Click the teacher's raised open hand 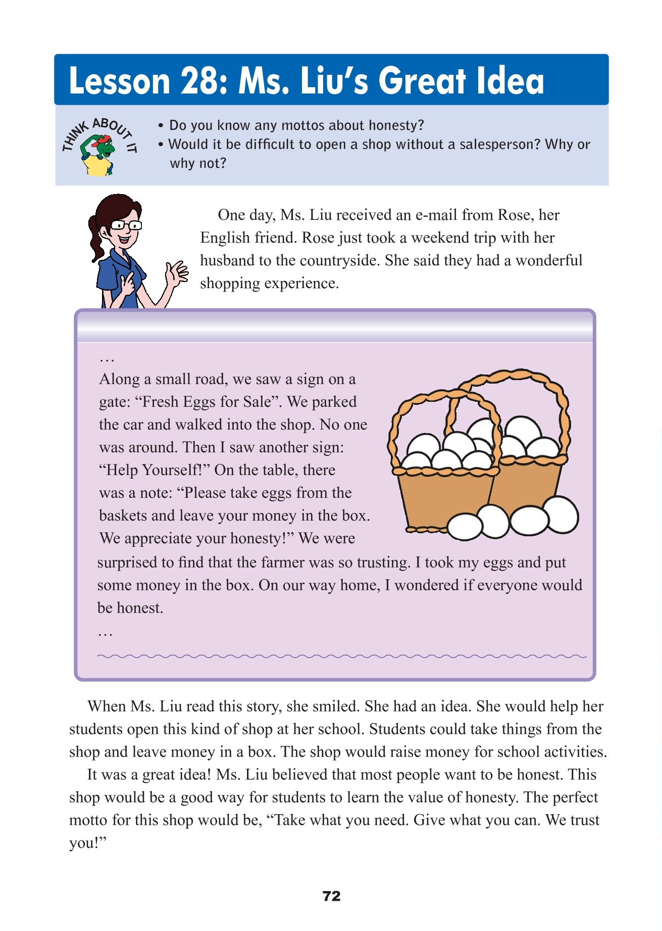[x=177, y=273]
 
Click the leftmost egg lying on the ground [x=465, y=527]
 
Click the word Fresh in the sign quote [x=160, y=402]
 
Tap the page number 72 [x=331, y=896]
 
